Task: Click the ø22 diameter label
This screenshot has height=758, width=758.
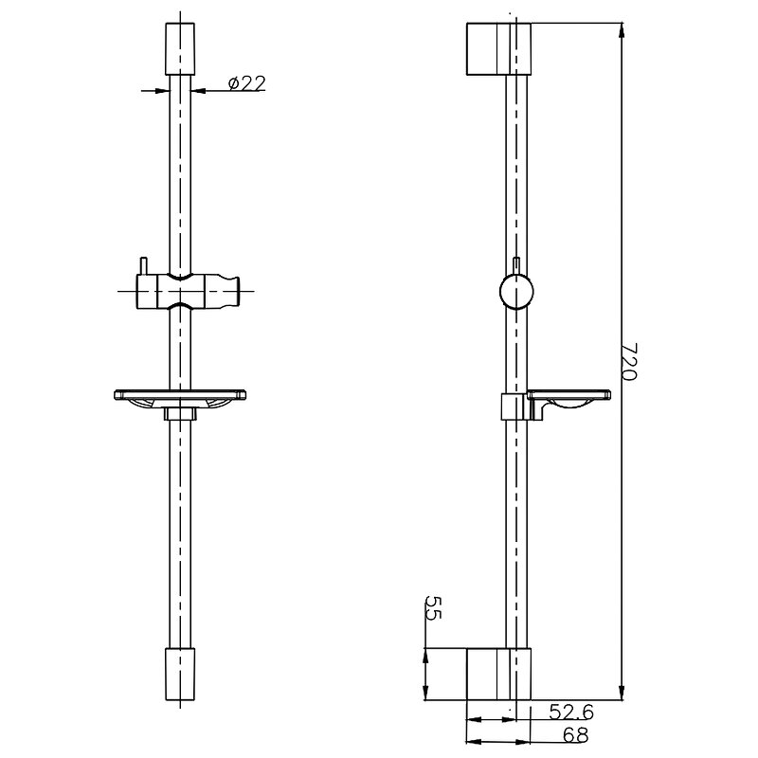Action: coord(246,83)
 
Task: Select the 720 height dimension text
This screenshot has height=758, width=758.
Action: coord(629,362)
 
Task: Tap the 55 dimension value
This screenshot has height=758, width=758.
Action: coord(433,607)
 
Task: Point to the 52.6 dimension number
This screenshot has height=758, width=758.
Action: coord(571,712)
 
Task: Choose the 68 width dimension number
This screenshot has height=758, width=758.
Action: coord(575,735)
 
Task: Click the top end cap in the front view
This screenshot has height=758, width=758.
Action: coord(180,49)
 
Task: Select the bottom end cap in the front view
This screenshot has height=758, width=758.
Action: coord(180,674)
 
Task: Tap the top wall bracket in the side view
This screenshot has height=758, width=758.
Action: coord(498,49)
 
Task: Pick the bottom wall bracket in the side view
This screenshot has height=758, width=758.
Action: coord(498,674)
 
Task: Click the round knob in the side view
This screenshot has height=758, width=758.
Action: coord(516,291)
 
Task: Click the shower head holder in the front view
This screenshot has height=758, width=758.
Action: coord(188,291)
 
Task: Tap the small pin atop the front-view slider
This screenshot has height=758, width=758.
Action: coord(143,267)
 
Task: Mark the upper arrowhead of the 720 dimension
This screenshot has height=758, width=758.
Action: coord(622,31)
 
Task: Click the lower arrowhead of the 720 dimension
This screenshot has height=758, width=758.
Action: coord(622,692)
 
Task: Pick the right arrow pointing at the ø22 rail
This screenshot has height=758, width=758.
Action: coord(199,90)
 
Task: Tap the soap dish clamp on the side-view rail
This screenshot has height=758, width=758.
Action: coord(514,406)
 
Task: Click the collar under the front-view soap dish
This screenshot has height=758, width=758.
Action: coord(180,414)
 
